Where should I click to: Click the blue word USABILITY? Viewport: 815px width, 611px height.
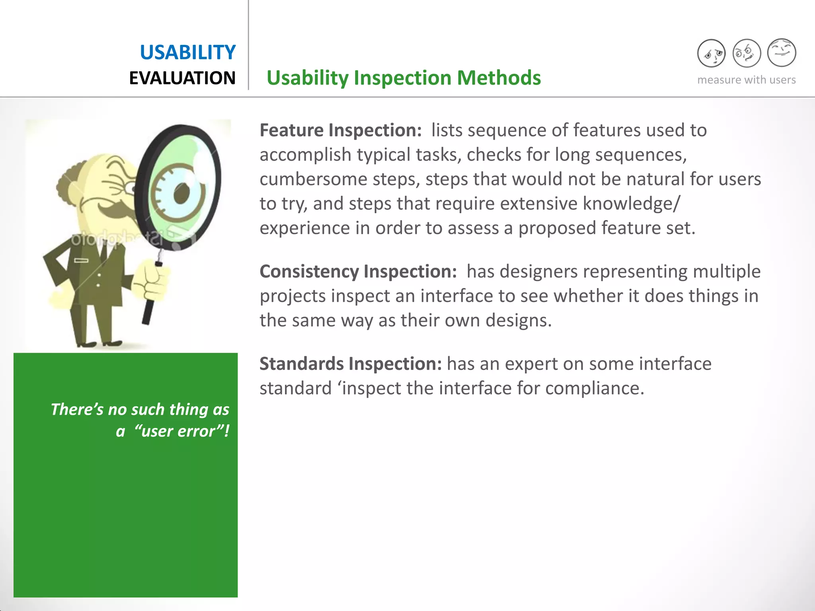coord(187,53)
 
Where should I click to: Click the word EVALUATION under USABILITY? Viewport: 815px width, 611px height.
coord(182,78)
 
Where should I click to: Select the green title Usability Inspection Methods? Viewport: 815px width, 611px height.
coord(404,78)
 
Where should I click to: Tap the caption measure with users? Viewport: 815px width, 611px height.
coord(746,80)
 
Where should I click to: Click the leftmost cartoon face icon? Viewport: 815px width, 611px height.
coord(711,53)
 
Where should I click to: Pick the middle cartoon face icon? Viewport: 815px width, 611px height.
coord(746,53)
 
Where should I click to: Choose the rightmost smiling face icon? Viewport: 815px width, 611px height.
coord(781,53)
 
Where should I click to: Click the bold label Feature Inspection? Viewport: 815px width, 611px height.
coord(340,130)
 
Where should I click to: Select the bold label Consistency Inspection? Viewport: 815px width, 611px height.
coord(358,272)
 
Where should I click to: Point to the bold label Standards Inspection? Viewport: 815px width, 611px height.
coord(350,364)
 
